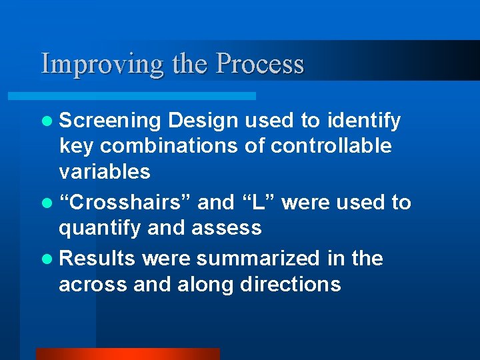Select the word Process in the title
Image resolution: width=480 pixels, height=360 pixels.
(260, 64)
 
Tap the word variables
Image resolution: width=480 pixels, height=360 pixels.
(105, 172)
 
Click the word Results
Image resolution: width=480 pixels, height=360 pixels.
(98, 258)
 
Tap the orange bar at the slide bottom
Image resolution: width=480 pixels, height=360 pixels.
(127, 353)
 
